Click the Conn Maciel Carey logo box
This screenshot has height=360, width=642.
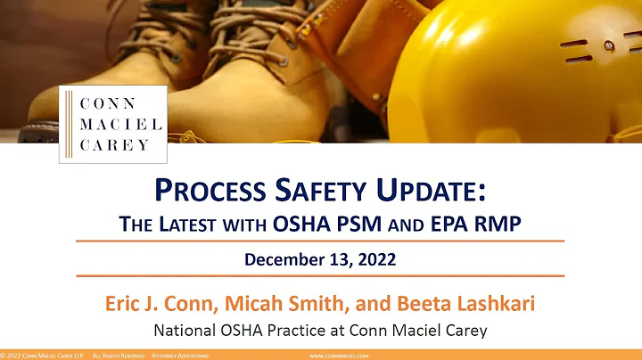pos(112,124)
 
